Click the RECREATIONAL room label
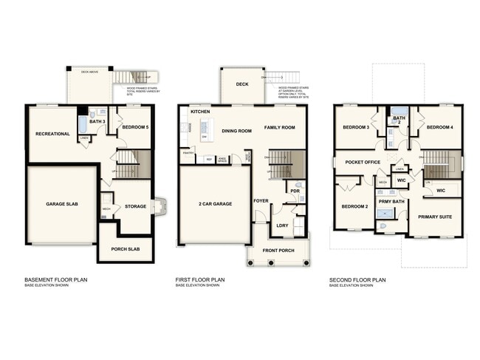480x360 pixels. [x=52, y=134]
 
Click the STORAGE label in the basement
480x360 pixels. [x=135, y=206]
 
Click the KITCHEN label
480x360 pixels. [x=201, y=112]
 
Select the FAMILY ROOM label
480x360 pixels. [x=280, y=127]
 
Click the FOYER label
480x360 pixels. [x=261, y=200]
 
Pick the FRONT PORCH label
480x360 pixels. [x=278, y=251]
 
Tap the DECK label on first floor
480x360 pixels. [x=241, y=84]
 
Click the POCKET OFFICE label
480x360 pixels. [x=362, y=162]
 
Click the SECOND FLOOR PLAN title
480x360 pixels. [x=358, y=280]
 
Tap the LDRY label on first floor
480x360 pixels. [x=281, y=225]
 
